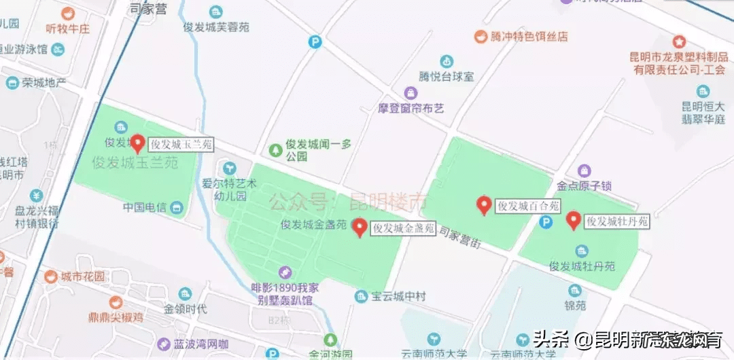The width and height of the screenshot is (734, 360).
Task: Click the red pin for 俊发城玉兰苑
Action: click(x=137, y=143)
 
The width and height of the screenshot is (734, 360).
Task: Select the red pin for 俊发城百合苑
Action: click(x=484, y=205)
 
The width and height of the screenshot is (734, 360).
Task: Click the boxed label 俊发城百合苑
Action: click(x=528, y=206)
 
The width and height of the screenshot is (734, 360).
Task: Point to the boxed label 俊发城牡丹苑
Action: click(x=618, y=221)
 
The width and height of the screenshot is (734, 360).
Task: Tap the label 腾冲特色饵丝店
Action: click(x=529, y=37)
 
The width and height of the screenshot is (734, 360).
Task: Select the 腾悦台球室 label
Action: click(x=447, y=77)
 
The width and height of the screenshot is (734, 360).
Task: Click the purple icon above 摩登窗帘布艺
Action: click(x=410, y=92)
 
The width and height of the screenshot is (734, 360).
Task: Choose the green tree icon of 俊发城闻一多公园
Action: click(x=275, y=149)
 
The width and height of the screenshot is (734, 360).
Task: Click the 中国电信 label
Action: click(x=145, y=206)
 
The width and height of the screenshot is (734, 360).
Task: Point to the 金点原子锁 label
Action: click(x=584, y=185)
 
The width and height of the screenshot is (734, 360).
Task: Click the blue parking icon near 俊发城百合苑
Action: click(x=545, y=222)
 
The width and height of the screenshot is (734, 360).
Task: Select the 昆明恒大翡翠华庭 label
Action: click(x=703, y=112)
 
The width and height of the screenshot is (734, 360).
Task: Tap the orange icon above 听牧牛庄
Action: click(x=67, y=13)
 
